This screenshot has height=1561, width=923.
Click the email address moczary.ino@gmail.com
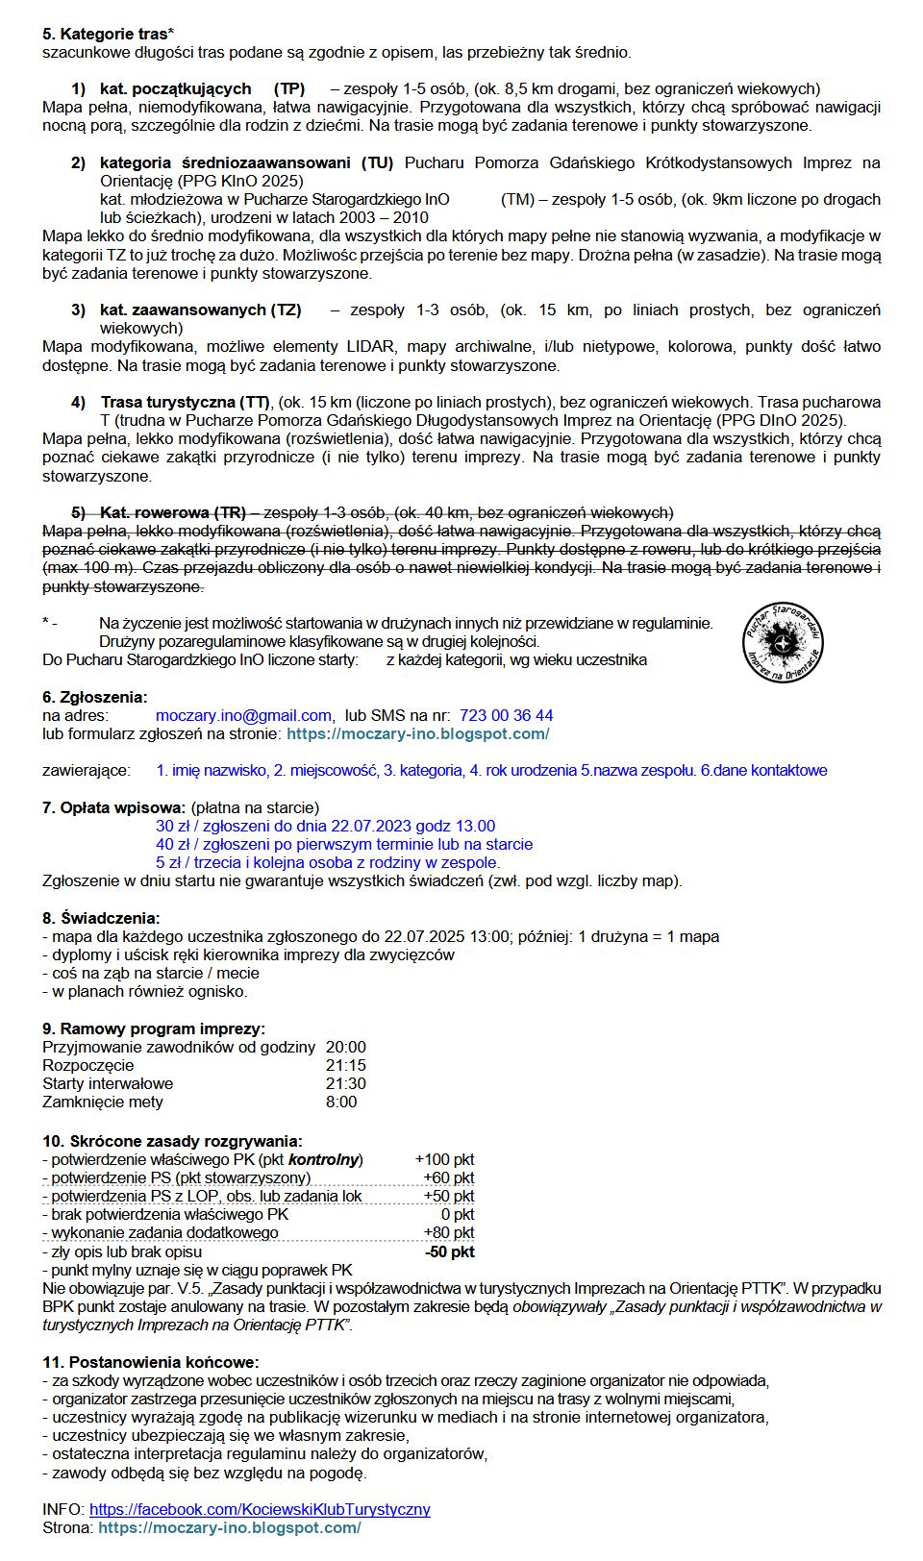coord(244,715)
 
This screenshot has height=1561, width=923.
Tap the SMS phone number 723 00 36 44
coord(507,715)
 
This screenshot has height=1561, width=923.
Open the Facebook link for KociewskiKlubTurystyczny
coord(260,1509)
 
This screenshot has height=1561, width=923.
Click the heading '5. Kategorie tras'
coord(105,34)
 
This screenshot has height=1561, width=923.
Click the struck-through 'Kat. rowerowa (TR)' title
coord(173,512)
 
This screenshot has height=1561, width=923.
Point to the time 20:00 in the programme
coord(346,1047)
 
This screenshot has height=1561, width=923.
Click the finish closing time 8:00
coord(341,1102)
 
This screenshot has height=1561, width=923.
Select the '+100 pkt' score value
coord(444,1159)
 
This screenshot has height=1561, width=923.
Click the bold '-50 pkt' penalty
coord(449,1251)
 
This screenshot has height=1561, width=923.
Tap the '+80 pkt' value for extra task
coord(448,1232)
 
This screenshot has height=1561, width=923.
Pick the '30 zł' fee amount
coord(173,826)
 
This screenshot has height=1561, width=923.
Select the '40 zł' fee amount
coord(173,844)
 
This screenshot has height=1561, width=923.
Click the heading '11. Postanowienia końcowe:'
coord(150,1362)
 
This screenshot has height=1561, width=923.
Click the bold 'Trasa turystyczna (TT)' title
coord(186,402)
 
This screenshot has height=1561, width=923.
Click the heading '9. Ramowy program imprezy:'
coord(154,1028)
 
